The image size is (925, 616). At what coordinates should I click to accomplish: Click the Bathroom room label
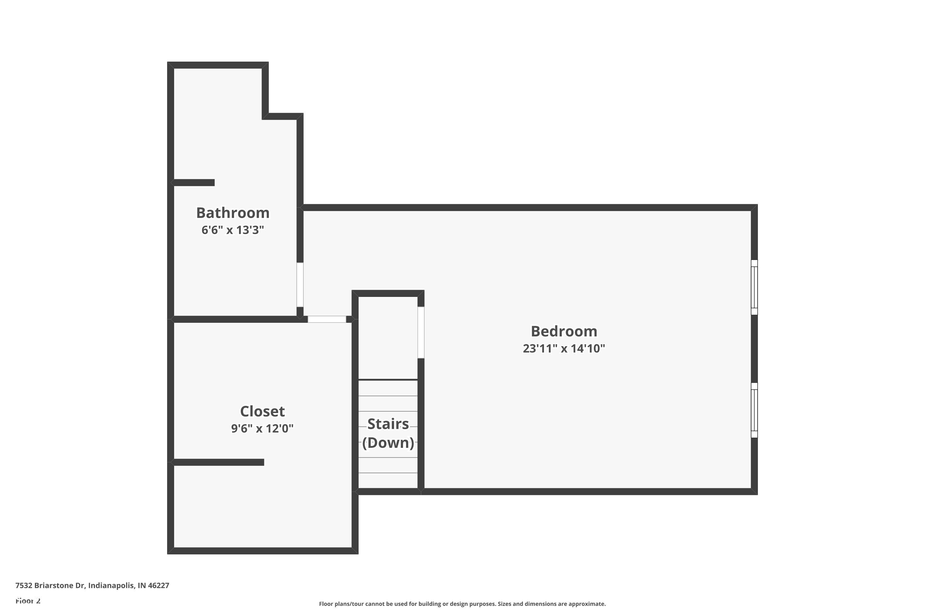click(233, 213)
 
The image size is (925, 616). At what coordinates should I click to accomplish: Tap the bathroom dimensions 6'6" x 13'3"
click(232, 230)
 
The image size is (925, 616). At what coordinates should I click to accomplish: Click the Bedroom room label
click(564, 331)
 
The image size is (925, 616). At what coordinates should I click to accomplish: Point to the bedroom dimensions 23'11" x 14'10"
click(564, 348)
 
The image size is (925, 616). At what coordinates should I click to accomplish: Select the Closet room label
click(262, 411)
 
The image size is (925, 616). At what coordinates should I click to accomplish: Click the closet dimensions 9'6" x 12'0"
click(262, 428)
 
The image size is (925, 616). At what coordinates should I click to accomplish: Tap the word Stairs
click(388, 424)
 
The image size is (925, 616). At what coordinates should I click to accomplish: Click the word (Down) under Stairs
click(388, 443)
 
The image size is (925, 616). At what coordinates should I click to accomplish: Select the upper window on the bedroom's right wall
click(754, 287)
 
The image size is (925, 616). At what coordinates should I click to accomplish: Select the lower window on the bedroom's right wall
click(754, 410)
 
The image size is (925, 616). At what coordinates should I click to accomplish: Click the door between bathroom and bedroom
click(300, 285)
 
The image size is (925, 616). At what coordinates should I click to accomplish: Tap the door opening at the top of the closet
click(327, 319)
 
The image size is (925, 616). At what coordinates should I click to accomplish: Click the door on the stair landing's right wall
click(421, 332)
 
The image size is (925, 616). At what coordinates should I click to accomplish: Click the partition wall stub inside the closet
click(219, 462)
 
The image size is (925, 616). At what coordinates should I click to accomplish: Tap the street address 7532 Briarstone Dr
click(50, 586)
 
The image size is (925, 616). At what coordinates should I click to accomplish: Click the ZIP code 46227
click(158, 586)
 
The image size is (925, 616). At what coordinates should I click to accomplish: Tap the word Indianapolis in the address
click(111, 586)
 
